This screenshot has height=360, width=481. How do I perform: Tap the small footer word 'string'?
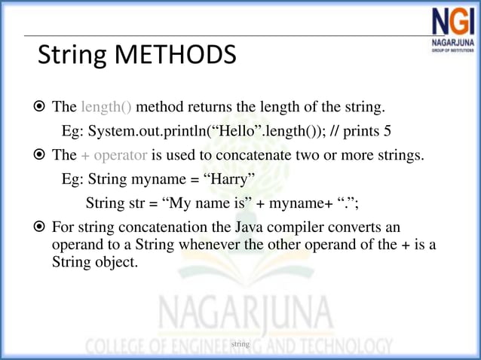point(240,343)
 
